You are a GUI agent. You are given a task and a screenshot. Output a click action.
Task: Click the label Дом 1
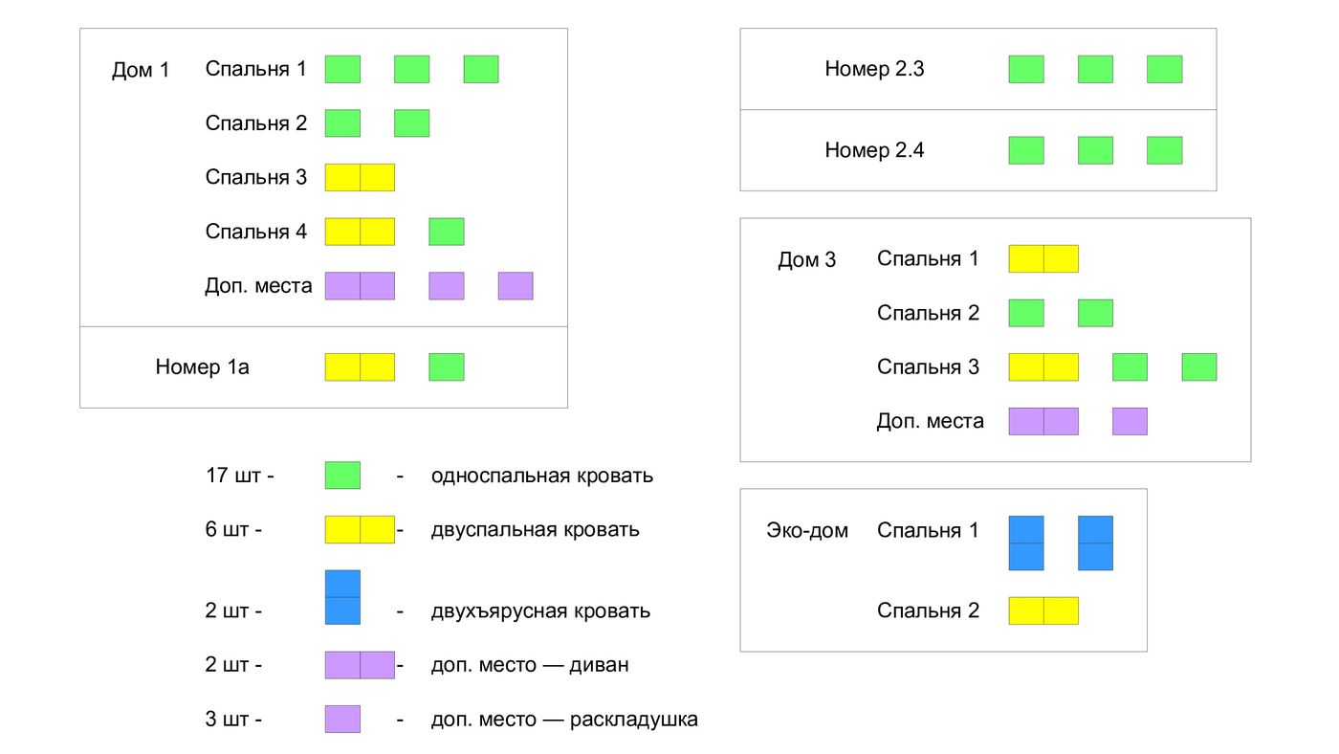click(x=141, y=71)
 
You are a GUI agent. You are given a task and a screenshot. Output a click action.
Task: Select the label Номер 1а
click(x=202, y=366)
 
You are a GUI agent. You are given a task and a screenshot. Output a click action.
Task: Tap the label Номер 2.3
click(x=874, y=69)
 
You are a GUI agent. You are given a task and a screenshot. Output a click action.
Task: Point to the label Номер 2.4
click(x=874, y=150)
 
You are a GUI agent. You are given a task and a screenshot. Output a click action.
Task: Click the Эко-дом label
click(x=807, y=530)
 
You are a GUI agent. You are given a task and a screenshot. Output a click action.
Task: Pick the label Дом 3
click(x=806, y=260)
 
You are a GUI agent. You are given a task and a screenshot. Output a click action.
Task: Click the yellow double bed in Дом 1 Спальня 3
click(x=360, y=177)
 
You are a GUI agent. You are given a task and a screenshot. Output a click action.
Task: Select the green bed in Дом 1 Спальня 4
click(x=447, y=232)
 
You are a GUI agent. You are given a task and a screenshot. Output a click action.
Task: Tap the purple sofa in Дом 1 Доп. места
click(x=360, y=286)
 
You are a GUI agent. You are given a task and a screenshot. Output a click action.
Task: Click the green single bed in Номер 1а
click(x=447, y=366)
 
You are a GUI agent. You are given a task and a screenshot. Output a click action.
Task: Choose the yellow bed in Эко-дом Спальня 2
click(x=1043, y=610)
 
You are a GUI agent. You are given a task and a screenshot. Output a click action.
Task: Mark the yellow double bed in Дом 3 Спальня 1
click(x=1043, y=258)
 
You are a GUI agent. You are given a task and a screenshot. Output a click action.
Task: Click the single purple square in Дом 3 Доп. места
click(x=1130, y=421)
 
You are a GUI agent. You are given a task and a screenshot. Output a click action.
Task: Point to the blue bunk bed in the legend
click(x=342, y=597)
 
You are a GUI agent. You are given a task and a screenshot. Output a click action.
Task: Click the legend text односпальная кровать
click(x=542, y=476)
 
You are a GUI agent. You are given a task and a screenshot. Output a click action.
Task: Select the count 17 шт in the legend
click(x=239, y=476)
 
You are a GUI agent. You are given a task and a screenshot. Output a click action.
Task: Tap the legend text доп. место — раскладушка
click(x=564, y=720)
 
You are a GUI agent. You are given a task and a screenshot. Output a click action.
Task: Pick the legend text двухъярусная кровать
click(x=540, y=610)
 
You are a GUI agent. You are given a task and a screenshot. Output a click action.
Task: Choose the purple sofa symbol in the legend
click(x=360, y=665)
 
